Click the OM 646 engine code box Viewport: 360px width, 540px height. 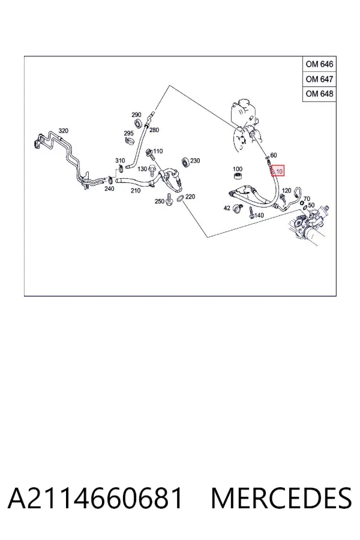319,64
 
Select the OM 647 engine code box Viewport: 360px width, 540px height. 319,79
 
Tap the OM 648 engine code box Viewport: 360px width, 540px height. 319,94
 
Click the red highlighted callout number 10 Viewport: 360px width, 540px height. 278,171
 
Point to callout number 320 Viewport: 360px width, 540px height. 64,131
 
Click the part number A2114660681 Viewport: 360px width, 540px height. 95,498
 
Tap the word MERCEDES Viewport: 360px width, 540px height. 281,498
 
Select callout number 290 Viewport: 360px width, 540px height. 136,115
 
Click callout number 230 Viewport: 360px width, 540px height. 195,161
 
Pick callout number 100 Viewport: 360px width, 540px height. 238,169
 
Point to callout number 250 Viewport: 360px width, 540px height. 159,201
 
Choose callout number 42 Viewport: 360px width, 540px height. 227,208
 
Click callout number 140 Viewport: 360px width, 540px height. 259,215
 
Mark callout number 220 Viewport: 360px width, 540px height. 190,197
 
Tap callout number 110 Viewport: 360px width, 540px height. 158,151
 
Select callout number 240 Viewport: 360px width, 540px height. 109,189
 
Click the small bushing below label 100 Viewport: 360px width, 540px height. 238,176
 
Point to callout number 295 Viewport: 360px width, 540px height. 129,133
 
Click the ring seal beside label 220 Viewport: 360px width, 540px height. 181,199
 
